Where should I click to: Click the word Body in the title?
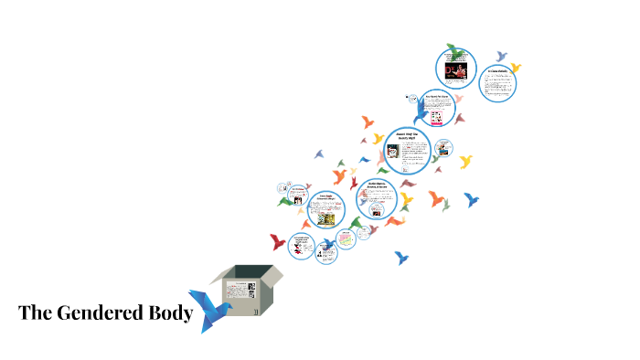click(170, 313)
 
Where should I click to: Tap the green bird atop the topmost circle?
click(453, 48)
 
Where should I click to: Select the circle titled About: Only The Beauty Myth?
click(407, 150)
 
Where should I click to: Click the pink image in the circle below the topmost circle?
click(437, 116)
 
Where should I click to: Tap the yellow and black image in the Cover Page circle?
click(324, 219)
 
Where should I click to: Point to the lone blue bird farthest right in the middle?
click(472, 198)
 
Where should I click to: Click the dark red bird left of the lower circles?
click(277, 241)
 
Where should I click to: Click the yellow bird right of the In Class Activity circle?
click(516, 67)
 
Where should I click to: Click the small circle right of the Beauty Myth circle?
click(444, 147)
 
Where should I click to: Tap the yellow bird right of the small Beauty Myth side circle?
click(466, 162)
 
